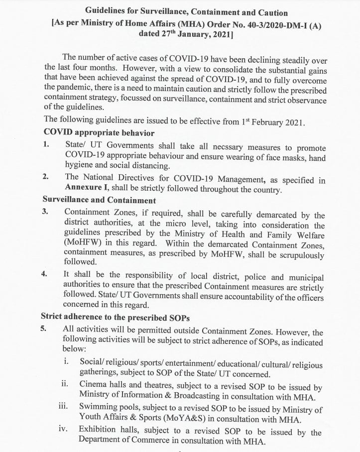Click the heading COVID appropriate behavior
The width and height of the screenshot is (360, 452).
[x=99, y=132]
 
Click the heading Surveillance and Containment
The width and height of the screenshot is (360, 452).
[x=99, y=201]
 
